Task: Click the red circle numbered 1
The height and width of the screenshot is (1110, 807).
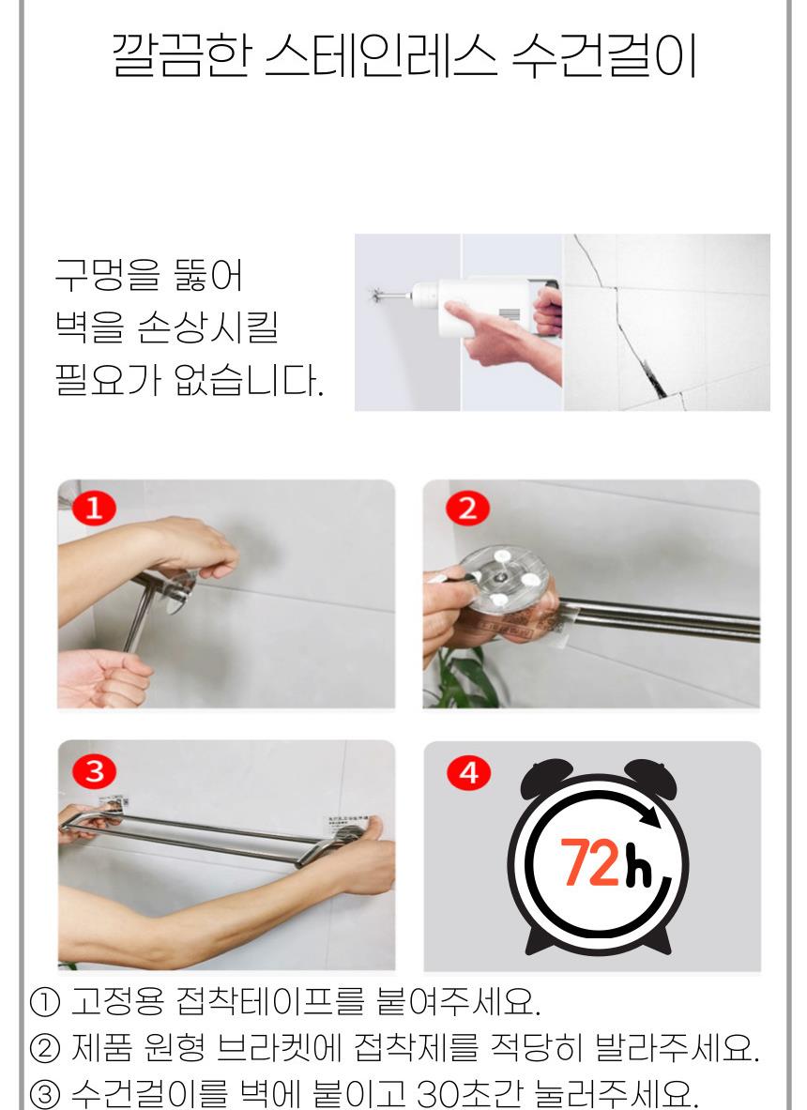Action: pyautogui.click(x=94, y=509)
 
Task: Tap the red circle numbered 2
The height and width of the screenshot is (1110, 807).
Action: pyautogui.click(x=467, y=509)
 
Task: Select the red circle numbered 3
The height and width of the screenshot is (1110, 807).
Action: pyautogui.click(x=94, y=771)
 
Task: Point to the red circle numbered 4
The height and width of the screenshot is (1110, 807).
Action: pyautogui.click(x=468, y=773)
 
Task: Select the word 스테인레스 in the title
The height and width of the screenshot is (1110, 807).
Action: pyautogui.click(x=380, y=56)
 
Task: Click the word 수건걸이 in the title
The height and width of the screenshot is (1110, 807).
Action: pyautogui.click(x=603, y=56)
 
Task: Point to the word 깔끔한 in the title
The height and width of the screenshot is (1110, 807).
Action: pyautogui.click(x=181, y=56)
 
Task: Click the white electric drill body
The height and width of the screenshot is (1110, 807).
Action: pyautogui.click(x=481, y=304)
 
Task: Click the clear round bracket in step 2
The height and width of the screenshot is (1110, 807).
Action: pyautogui.click(x=503, y=578)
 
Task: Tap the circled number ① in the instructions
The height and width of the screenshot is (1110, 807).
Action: pyautogui.click(x=45, y=1002)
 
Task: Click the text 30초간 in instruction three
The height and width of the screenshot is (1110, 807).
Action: pyautogui.click(x=467, y=1093)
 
